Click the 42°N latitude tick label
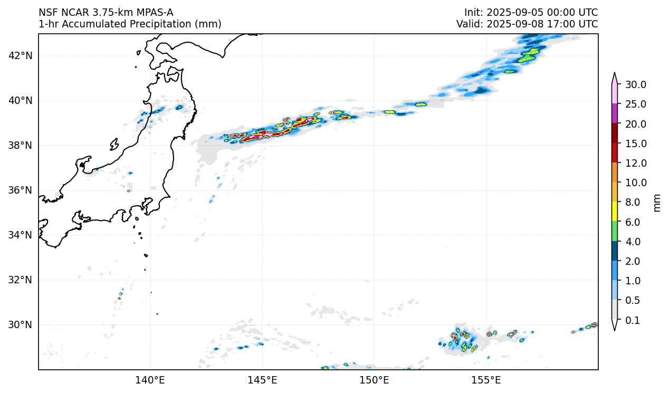pyautogui.click(x=22, y=56)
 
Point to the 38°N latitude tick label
pyautogui.click(x=22, y=146)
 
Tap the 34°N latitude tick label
pyautogui.click(x=22, y=235)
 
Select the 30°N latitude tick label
pyautogui.click(x=22, y=325)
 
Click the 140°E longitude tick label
pyautogui.click(x=150, y=380)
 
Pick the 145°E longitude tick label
pyautogui.click(x=262, y=380)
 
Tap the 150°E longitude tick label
pyautogui.click(x=374, y=380)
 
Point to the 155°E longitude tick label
pyautogui.click(x=486, y=380)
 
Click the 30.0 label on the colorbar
pyautogui.click(x=636, y=85)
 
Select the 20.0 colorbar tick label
pyautogui.click(x=636, y=124)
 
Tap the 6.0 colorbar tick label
pyautogui.click(x=634, y=223)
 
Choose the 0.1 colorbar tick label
pyautogui.click(x=634, y=321)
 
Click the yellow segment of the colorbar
pyautogui.click(x=615, y=212)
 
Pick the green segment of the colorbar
pyautogui.click(x=615, y=232)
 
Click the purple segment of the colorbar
pyautogui.click(x=615, y=113)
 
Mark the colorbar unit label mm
pyautogui.click(x=657, y=203)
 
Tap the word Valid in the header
pyautogui.click(x=467, y=24)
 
